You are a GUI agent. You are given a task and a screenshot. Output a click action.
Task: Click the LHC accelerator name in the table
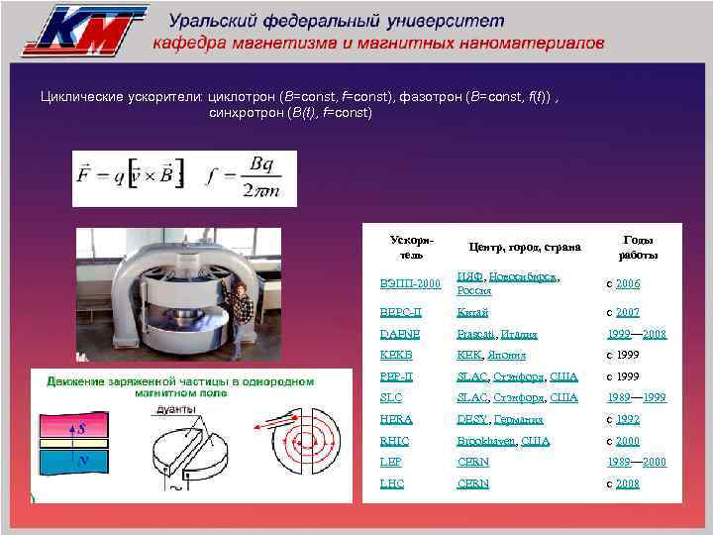tap(391, 483)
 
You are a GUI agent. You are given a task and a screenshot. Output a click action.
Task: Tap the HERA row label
tap(396, 419)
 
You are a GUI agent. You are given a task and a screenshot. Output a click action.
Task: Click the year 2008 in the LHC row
tap(628, 483)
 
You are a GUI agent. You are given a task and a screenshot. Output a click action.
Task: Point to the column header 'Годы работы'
tap(637, 247)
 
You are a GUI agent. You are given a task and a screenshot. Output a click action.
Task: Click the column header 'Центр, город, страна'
tap(525, 247)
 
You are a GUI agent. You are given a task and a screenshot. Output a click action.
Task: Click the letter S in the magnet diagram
tap(81, 429)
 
